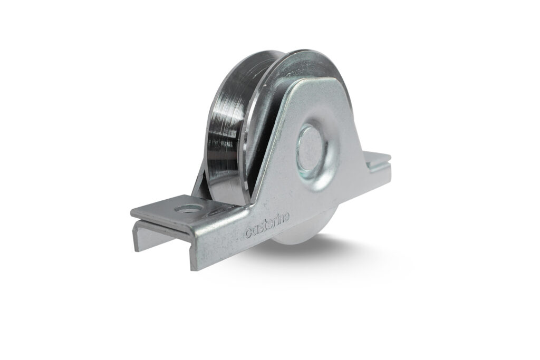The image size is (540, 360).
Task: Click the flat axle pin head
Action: point(309,149)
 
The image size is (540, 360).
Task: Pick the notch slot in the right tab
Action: point(379,159)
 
